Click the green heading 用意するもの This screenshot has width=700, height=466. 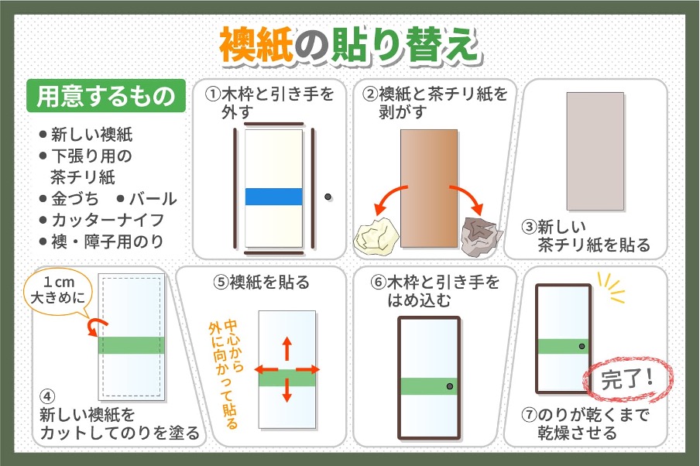point(106,95)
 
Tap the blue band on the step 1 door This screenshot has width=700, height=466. point(273,197)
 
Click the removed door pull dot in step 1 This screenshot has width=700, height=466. point(328,197)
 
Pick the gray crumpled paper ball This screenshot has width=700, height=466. point(482,236)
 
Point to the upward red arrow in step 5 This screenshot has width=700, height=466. point(287,348)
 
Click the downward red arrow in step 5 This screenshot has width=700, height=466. point(287,390)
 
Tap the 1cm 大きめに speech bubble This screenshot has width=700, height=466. point(58,290)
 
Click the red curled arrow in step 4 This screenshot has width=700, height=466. point(97,326)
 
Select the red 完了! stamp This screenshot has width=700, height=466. point(628,379)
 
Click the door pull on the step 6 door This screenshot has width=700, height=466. point(450,386)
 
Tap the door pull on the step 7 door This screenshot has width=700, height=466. point(582,346)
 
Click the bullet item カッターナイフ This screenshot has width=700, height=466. point(101,220)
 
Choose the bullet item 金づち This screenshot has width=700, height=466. point(69,199)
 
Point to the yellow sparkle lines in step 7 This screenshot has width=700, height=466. point(611,288)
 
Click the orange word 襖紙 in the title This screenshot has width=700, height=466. point(256,45)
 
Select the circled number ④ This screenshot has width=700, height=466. point(47,396)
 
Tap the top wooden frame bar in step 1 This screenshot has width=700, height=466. point(273,124)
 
